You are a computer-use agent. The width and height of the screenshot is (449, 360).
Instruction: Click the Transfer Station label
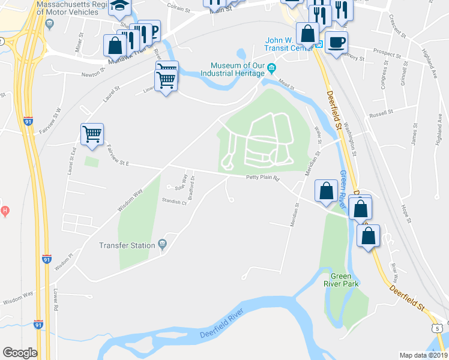click(127, 245)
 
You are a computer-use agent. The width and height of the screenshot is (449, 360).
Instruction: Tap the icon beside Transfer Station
click(162, 244)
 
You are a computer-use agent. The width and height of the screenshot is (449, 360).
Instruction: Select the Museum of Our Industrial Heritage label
click(238, 69)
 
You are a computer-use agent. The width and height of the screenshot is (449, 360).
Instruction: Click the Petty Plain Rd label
click(263, 178)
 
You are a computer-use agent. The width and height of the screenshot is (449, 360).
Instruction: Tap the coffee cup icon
click(336, 42)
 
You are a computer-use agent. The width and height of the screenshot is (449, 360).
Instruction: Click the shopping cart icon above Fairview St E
click(92, 134)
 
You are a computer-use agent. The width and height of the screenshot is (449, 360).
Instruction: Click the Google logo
click(20, 353)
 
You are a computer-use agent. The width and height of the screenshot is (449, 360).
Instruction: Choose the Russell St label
click(381, 113)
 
